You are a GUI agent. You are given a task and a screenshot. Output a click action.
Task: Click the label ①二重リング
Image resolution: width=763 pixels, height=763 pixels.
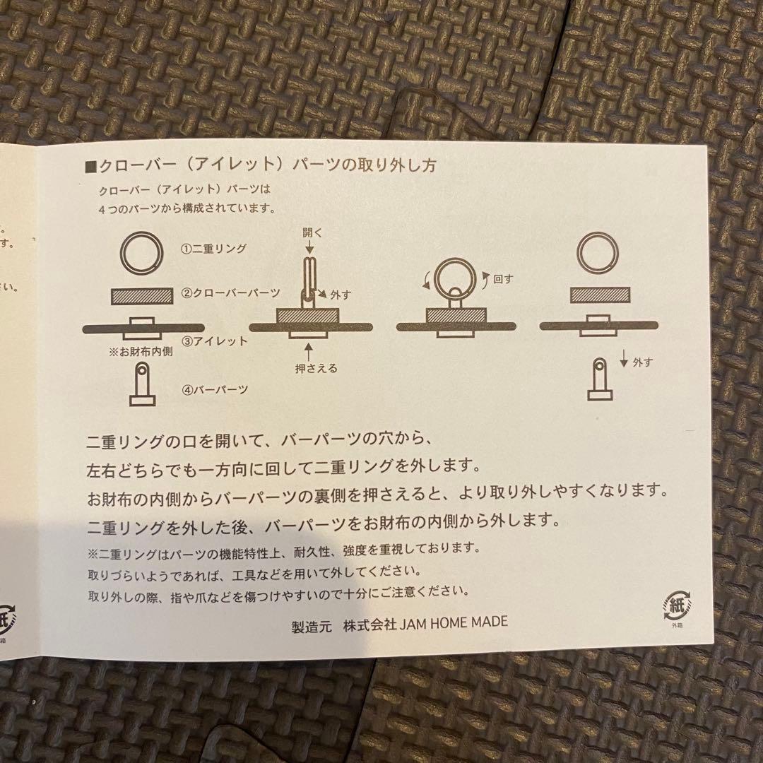pyautogui.click(x=213, y=249)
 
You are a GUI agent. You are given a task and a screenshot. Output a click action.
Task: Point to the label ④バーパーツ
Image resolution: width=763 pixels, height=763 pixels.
pyautogui.click(x=214, y=389)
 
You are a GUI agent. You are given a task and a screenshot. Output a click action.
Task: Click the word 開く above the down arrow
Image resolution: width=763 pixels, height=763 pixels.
pyautogui.click(x=312, y=232)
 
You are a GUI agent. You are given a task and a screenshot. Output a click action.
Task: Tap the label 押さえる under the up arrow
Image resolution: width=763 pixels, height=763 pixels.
pyautogui.click(x=317, y=368)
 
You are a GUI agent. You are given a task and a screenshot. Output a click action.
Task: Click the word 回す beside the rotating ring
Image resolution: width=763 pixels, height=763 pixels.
pyautogui.click(x=503, y=279)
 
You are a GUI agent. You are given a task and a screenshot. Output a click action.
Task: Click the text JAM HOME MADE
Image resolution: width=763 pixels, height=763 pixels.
pyautogui.click(x=462, y=622)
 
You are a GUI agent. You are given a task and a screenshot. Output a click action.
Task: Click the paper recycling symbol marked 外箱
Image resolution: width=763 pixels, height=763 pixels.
pyautogui.click(x=678, y=605)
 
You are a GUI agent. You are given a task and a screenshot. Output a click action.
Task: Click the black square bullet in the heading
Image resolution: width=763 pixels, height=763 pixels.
pyautogui.click(x=90, y=167)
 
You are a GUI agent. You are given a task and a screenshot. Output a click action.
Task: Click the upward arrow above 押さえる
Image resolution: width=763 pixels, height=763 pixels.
pyautogui.click(x=309, y=350)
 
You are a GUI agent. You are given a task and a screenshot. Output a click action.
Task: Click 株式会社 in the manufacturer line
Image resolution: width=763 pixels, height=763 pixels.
pyautogui.click(x=369, y=622)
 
